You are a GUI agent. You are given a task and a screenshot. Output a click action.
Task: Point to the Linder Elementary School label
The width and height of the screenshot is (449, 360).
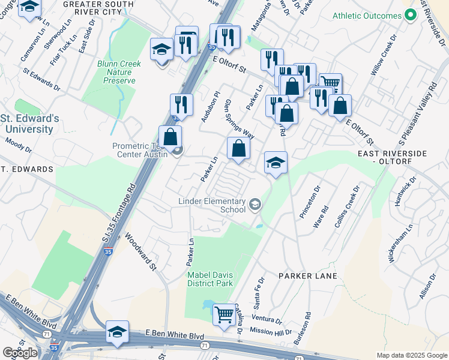pyautogui.click(x=212, y=205)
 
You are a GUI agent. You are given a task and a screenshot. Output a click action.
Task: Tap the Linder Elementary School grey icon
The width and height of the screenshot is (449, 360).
pyautogui.click(x=255, y=205)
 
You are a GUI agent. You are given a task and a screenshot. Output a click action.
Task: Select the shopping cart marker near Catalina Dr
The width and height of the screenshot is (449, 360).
pyautogui.click(x=224, y=314)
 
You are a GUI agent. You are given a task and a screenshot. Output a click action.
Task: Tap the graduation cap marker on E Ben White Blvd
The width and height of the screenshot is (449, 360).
pyautogui.click(x=117, y=332)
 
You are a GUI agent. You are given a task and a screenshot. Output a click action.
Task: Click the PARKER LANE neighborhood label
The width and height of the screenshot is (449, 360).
pyautogui.click(x=308, y=275)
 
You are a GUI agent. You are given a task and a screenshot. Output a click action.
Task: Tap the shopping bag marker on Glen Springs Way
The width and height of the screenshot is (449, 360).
pyautogui.click(x=238, y=148)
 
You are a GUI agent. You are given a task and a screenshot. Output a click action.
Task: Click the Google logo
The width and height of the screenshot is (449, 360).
pyautogui.click(x=20, y=353)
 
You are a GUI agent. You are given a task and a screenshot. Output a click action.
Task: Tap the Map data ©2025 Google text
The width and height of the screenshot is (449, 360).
pyautogui.click(x=411, y=355)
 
